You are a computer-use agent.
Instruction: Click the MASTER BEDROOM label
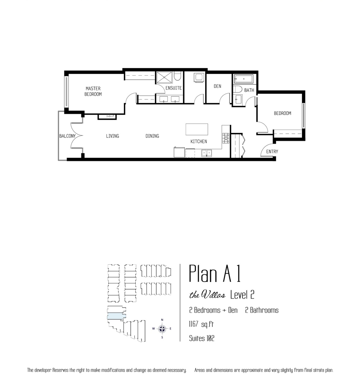(93, 91)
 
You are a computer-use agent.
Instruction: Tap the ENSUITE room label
(174, 88)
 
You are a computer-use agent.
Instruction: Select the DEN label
(217, 86)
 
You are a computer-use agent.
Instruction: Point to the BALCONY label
(67, 136)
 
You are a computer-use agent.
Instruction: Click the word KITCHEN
(199, 141)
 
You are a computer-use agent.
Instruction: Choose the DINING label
(152, 136)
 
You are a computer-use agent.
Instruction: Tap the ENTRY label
(272, 151)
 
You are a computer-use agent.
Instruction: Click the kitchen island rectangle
(197, 130)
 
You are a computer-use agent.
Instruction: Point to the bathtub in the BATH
(243, 79)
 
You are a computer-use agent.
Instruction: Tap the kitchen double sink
(206, 153)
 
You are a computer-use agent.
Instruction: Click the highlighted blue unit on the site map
(116, 317)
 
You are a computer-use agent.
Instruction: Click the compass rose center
(162, 329)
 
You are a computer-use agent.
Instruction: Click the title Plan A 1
(214, 274)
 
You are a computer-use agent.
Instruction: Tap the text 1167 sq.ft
(201, 324)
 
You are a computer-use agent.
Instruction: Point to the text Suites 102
(202, 338)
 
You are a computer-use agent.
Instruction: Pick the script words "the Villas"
(207, 295)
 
